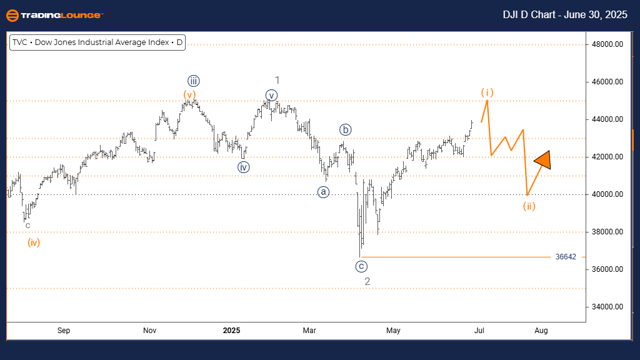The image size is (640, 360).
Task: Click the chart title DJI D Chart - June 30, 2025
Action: [565, 15]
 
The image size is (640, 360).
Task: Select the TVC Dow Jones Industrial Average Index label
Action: [97, 43]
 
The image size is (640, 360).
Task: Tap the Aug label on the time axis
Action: [542, 330]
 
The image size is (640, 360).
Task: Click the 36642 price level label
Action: [566, 257]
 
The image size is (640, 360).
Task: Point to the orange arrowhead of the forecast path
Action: [543, 161]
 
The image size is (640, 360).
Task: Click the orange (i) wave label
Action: [487, 92]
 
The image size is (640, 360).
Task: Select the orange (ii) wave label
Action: [529, 206]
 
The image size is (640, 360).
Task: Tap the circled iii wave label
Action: [193, 80]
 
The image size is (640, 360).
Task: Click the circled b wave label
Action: [346, 130]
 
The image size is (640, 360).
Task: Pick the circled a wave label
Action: [323, 192]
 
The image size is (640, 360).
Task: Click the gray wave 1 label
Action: [277, 79]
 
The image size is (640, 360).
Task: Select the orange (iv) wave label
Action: [34, 242]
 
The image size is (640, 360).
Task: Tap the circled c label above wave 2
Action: [361, 266]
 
